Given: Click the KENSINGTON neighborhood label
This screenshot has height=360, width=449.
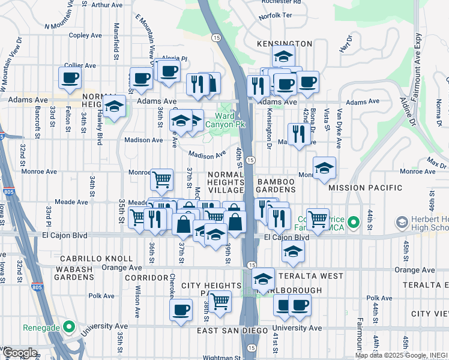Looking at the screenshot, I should [x=285, y=44].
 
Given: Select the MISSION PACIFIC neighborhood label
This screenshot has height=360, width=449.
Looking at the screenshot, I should [x=366, y=188].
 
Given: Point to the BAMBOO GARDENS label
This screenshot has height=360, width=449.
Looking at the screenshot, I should [x=276, y=185].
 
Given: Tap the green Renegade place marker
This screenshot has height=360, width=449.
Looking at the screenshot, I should [x=70, y=328].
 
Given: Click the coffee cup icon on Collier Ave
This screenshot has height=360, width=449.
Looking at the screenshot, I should [x=70, y=78].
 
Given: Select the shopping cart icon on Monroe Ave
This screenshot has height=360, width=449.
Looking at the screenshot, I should [x=161, y=179].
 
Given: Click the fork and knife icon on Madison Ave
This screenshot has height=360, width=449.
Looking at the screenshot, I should [x=297, y=134].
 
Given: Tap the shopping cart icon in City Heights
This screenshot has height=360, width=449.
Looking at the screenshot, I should [x=220, y=301].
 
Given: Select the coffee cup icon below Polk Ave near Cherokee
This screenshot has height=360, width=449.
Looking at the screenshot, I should [x=180, y=311].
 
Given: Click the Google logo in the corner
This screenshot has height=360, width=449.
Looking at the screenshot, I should [x=19, y=353].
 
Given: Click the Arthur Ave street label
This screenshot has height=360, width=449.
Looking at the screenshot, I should [x=107, y=5].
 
